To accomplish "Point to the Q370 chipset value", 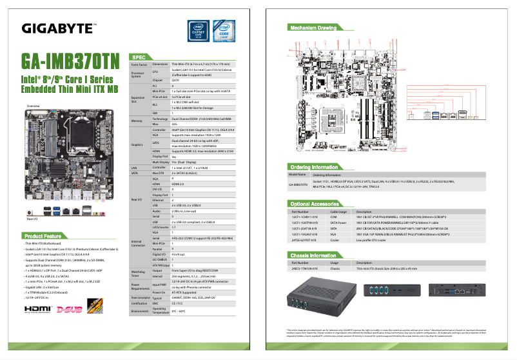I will pos(175,81).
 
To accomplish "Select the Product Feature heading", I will pos(43,236).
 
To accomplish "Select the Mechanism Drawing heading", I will pos(313,28).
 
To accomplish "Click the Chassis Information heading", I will pos(314,255).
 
